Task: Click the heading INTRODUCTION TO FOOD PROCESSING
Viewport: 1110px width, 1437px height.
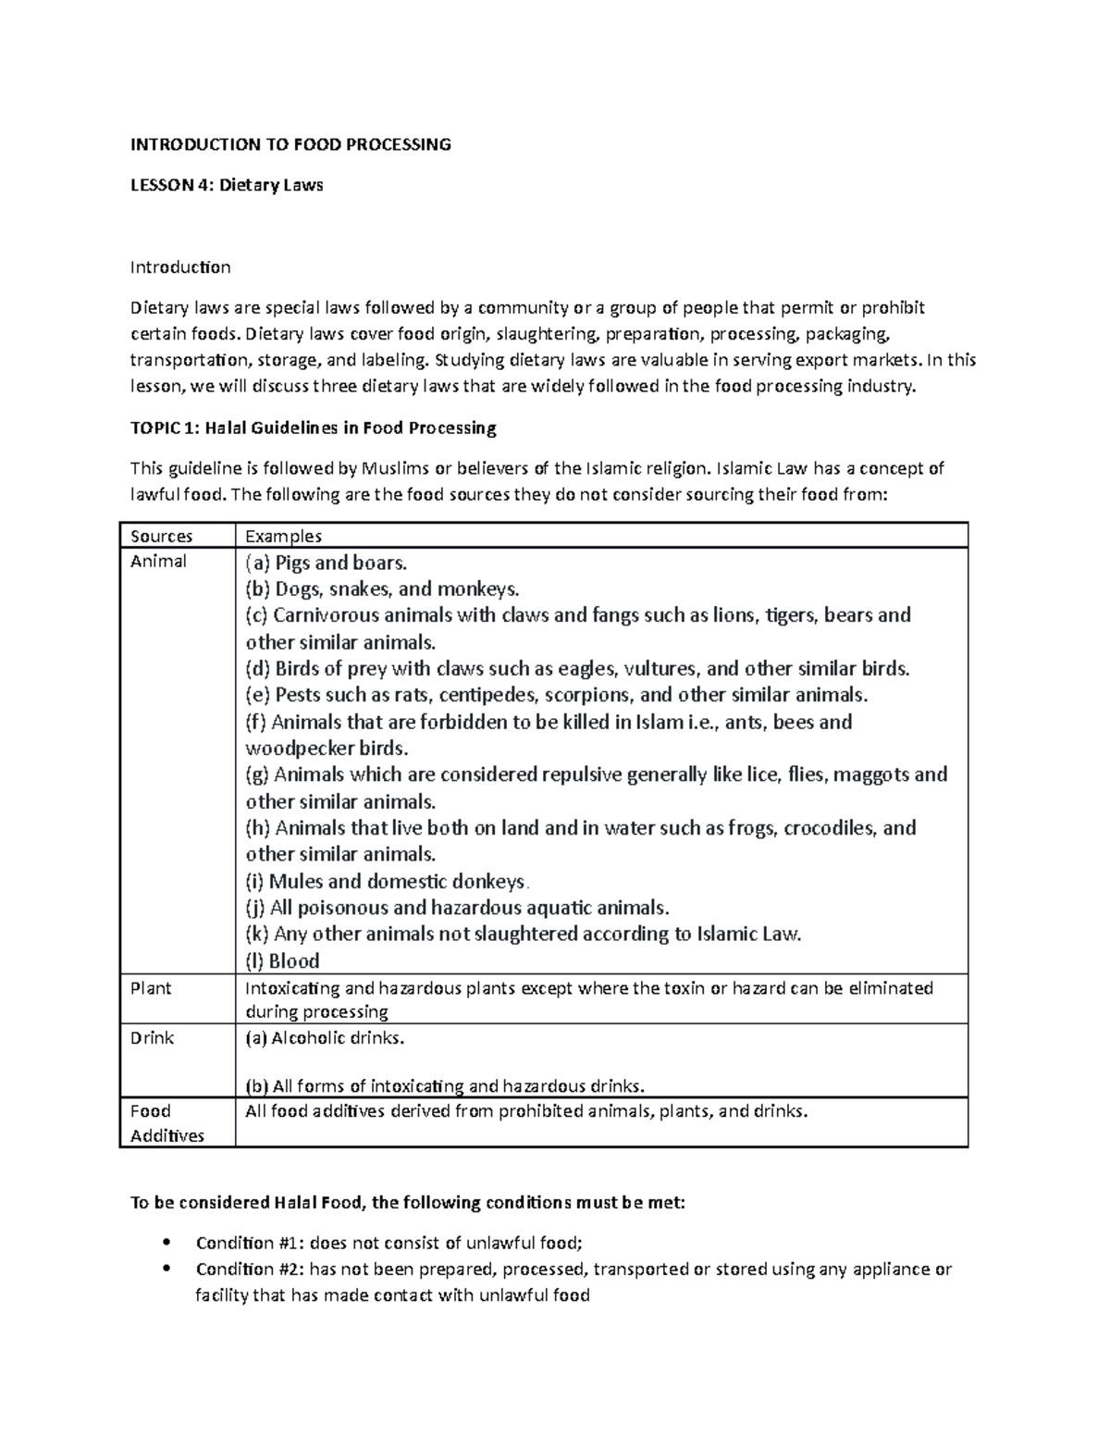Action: [290, 144]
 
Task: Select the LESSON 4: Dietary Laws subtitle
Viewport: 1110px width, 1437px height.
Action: [227, 185]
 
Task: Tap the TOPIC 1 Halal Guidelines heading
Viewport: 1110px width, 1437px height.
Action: [314, 428]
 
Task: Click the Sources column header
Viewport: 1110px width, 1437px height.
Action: [162, 536]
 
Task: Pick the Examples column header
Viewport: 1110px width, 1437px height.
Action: [283, 536]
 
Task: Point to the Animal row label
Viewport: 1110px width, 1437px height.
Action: [158, 562]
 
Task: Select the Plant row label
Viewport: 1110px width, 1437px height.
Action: [151, 988]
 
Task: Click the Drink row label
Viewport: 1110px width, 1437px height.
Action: [152, 1038]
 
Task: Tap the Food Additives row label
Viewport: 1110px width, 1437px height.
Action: [166, 1123]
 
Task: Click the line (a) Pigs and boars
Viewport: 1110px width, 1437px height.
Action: [326, 563]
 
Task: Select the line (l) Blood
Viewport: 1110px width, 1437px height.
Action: [282, 960]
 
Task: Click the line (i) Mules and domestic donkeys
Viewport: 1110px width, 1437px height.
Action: [386, 881]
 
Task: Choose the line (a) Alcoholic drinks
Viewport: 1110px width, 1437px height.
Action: [325, 1038]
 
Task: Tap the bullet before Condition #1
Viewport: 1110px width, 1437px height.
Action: [166, 1243]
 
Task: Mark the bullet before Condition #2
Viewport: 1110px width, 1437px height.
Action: [166, 1269]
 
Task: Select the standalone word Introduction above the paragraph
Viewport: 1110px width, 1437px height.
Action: [180, 267]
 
